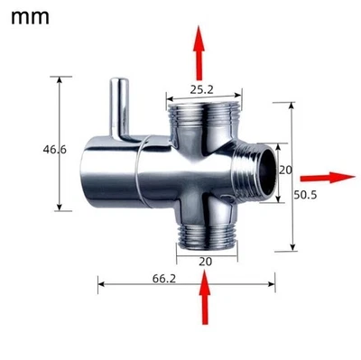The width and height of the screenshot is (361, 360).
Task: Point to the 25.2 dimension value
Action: coord(203,88)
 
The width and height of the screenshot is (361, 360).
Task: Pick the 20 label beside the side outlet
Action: coord(285,169)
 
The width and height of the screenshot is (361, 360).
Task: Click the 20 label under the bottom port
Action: coord(205,261)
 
